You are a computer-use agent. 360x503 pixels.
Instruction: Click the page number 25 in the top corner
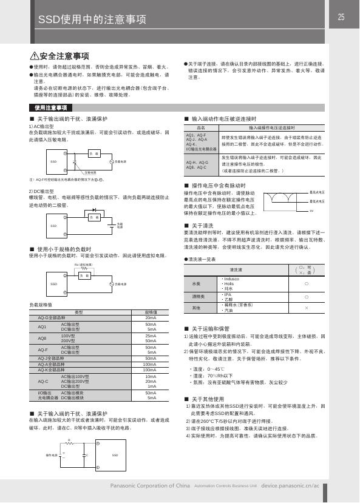(x=341, y=18)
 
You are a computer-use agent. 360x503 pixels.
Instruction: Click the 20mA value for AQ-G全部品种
(x=151, y=317)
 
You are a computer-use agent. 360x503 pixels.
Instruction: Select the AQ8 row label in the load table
(x=42, y=338)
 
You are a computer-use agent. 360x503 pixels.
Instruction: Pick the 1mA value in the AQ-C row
(x=152, y=386)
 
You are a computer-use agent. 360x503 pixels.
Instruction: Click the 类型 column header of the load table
(x=78, y=312)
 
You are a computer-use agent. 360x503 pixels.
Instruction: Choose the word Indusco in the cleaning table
(x=232, y=279)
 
